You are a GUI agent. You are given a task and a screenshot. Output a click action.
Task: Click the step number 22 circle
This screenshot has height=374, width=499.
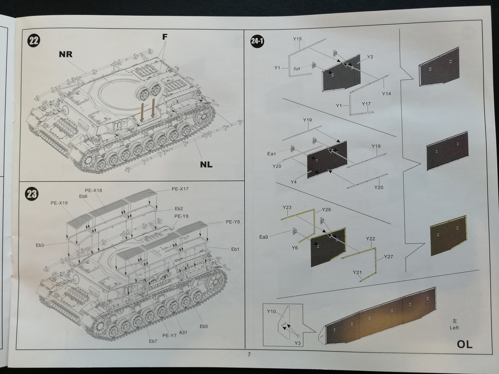(x=34, y=41)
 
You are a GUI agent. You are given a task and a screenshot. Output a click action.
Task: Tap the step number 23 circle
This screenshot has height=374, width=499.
(x=32, y=194)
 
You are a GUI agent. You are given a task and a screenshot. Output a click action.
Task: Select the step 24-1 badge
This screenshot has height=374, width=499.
(x=257, y=41)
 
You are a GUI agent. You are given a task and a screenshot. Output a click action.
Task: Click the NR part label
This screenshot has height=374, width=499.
(x=65, y=54)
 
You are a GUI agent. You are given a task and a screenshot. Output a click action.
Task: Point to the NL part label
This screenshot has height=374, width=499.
(x=206, y=165)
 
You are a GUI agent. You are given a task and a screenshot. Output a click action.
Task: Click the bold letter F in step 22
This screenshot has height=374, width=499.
(x=165, y=37)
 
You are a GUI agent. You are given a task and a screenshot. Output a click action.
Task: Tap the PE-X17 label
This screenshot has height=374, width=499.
(x=180, y=189)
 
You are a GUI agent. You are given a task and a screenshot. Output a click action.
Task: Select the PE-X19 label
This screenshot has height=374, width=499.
(x=59, y=203)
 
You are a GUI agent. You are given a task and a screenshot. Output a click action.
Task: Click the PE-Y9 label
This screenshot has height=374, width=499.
(x=233, y=222)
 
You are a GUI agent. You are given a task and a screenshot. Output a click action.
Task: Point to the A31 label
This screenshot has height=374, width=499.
(x=183, y=333)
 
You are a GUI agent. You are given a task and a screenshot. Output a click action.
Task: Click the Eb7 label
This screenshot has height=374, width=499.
(x=153, y=341)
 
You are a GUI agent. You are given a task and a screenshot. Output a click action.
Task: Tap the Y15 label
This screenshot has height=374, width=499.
(x=297, y=39)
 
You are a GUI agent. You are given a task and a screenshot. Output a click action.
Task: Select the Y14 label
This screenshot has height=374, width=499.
(x=386, y=94)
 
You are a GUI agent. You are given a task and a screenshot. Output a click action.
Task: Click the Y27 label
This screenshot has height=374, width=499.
(x=388, y=257)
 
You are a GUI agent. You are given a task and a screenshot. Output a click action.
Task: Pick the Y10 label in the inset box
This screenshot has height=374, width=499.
(x=271, y=311)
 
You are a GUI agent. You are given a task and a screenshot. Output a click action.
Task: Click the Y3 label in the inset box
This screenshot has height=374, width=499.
(x=297, y=343)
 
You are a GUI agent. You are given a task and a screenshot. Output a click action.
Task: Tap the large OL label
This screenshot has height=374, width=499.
(x=464, y=344)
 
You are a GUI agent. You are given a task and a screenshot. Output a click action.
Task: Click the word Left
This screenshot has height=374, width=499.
(x=454, y=328)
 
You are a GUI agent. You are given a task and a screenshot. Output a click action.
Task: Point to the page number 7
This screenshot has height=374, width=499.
(x=249, y=355)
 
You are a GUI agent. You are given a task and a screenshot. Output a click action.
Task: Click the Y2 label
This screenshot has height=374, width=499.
(x=370, y=57)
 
